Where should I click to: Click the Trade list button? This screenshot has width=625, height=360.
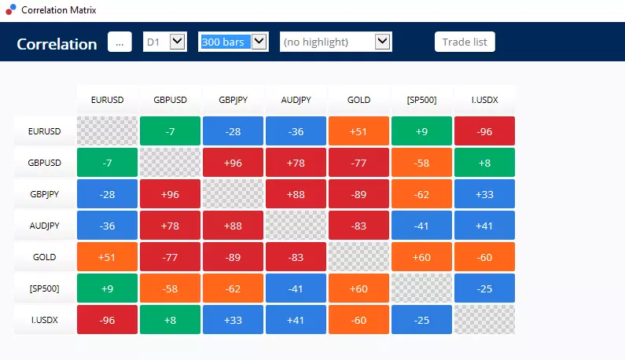click(x=465, y=42)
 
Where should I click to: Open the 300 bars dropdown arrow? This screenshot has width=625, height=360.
click(x=259, y=42)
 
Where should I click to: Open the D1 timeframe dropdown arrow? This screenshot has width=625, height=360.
click(x=178, y=42)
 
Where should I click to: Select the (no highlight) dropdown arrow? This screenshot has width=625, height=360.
click(x=382, y=42)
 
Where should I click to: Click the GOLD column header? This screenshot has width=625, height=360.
click(x=358, y=100)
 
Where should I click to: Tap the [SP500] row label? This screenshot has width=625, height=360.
click(x=45, y=288)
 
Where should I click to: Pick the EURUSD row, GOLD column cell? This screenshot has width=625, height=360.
click(x=358, y=130)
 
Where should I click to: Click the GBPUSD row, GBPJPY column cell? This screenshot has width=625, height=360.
click(x=233, y=162)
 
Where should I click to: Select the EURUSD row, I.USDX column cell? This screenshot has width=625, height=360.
click(x=485, y=130)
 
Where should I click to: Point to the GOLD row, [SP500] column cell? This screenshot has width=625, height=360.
click(x=421, y=257)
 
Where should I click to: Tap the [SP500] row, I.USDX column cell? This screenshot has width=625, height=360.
click(x=485, y=288)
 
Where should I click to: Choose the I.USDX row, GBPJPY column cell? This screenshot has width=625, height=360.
click(x=233, y=320)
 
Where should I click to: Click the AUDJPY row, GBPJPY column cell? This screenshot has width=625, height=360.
click(x=233, y=226)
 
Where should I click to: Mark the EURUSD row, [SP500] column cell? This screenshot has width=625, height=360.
click(x=421, y=130)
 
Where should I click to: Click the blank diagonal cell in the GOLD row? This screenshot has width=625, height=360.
click(x=358, y=257)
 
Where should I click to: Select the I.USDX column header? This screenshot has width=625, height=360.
click(x=485, y=100)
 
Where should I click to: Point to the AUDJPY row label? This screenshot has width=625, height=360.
click(x=45, y=226)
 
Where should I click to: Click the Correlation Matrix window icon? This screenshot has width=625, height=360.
click(x=11, y=9)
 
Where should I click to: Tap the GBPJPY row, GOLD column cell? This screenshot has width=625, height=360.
click(x=358, y=193)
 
